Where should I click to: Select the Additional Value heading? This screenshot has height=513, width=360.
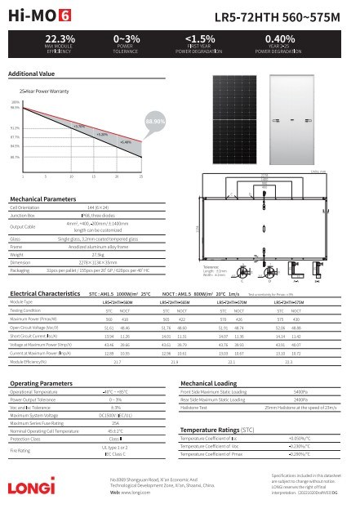31,74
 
